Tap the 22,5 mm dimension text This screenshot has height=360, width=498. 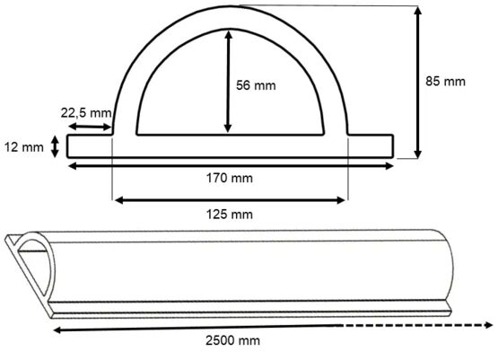pos(86,113)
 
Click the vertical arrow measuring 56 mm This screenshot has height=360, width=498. pos(229,80)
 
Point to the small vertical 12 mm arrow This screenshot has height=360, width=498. pos(57,146)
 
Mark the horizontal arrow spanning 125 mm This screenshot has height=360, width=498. pos(229,200)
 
